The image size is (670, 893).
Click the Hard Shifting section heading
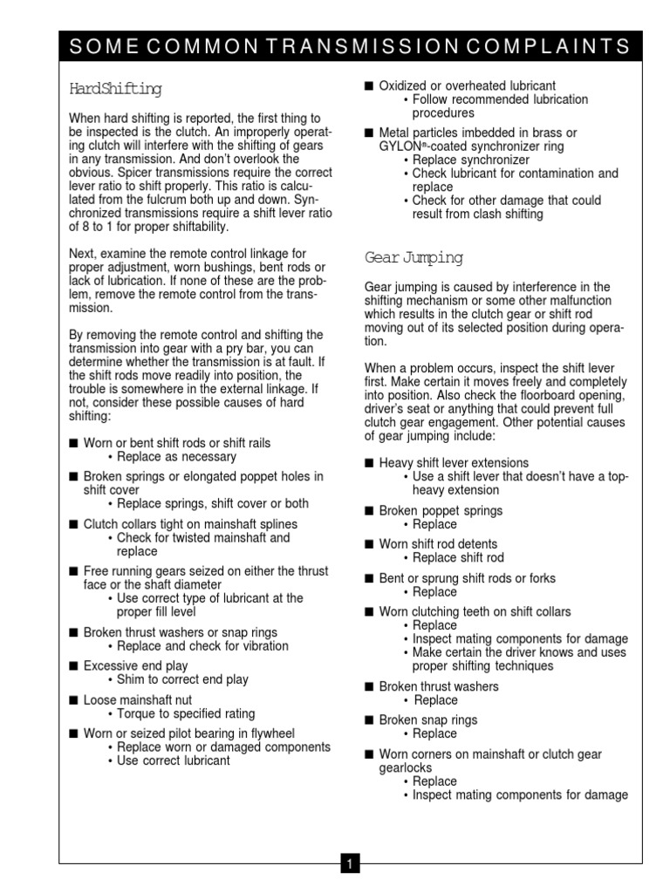tap(115, 89)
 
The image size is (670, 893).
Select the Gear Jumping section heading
tap(414, 258)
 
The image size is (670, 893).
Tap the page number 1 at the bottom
tap(349, 864)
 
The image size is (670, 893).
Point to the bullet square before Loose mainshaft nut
tap(73, 700)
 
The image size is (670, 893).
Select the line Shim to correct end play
tap(177, 679)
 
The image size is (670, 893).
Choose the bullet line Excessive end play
tap(133, 666)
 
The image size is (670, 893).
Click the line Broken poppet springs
tap(441, 511)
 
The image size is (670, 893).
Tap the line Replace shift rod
tap(458, 558)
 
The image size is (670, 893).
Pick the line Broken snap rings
tap(427, 720)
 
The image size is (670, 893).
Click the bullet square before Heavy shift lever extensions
tap(369, 463)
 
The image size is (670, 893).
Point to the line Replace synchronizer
tap(471, 160)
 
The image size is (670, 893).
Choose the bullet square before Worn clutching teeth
tap(369, 612)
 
